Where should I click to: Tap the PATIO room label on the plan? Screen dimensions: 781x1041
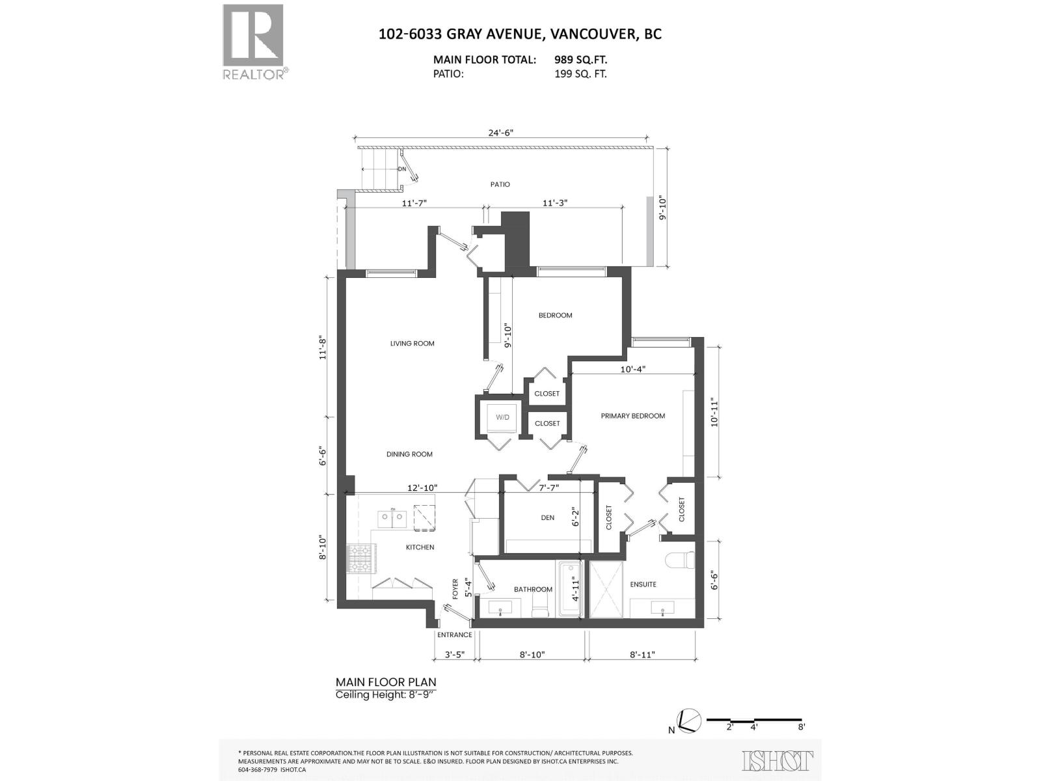pyautogui.click(x=500, y=184)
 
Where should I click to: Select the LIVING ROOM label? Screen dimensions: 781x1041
pyautogui.click(x=412, y=343)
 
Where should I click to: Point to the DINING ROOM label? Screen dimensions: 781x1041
pyautogui.click(x=409, y=454)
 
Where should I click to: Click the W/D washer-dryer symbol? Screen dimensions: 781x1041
pyautogui.click(x=502, y=417)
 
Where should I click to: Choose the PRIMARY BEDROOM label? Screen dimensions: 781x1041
pyautogui.click(x=632, y=416)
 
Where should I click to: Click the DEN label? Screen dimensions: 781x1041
pyautogui.click(x=547, y=517)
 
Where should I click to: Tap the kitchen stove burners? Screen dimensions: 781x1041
pyautogui.click(x=360, y=558)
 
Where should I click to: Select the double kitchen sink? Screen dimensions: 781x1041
pyautogui.click(x=392, y=518)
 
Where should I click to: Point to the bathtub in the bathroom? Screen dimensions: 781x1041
pyautogui.click(x=569, y=589)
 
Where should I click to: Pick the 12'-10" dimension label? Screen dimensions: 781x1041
pyautogui.click(x=422, y=487)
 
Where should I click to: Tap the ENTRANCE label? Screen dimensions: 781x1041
pyautogui.click(x=454, y=635)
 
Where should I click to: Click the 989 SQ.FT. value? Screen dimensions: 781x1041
pyautogui.click(x=580, y=60)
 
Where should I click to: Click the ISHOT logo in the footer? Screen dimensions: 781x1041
pyautogui.click(x=777, y=760)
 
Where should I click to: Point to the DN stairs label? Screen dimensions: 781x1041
pyautogui.click(x=402, y=169)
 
